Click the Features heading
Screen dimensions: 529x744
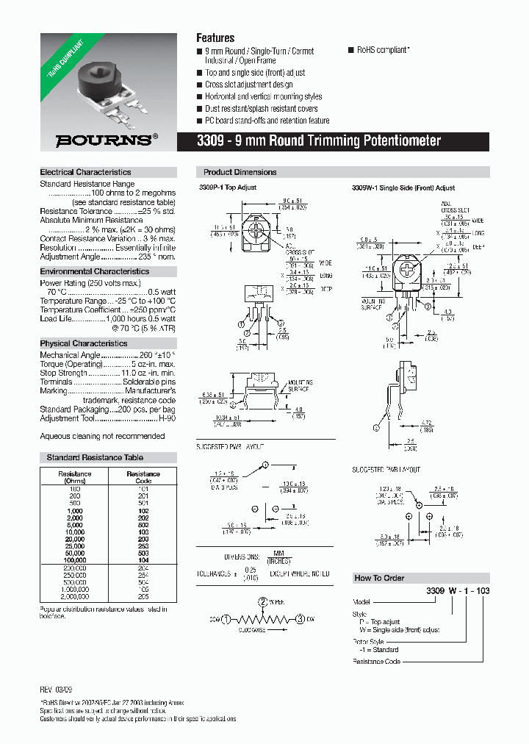click(215, 37)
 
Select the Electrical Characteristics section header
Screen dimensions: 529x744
click(85, 172)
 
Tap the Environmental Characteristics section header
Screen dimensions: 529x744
click(94, 271)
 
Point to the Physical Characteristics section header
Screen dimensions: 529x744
click(83, 343)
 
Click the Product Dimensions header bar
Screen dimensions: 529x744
click(240, 172)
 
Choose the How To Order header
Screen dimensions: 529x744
click(380, 578)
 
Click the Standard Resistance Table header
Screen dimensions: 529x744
click(95, 457)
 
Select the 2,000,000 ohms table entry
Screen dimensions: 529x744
click(75, 597)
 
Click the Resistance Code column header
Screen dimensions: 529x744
click(143, 478)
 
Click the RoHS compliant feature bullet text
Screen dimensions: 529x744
click(382, 50)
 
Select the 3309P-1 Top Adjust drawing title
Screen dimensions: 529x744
click(228, 188)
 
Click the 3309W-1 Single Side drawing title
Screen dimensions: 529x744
click(403, 188)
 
